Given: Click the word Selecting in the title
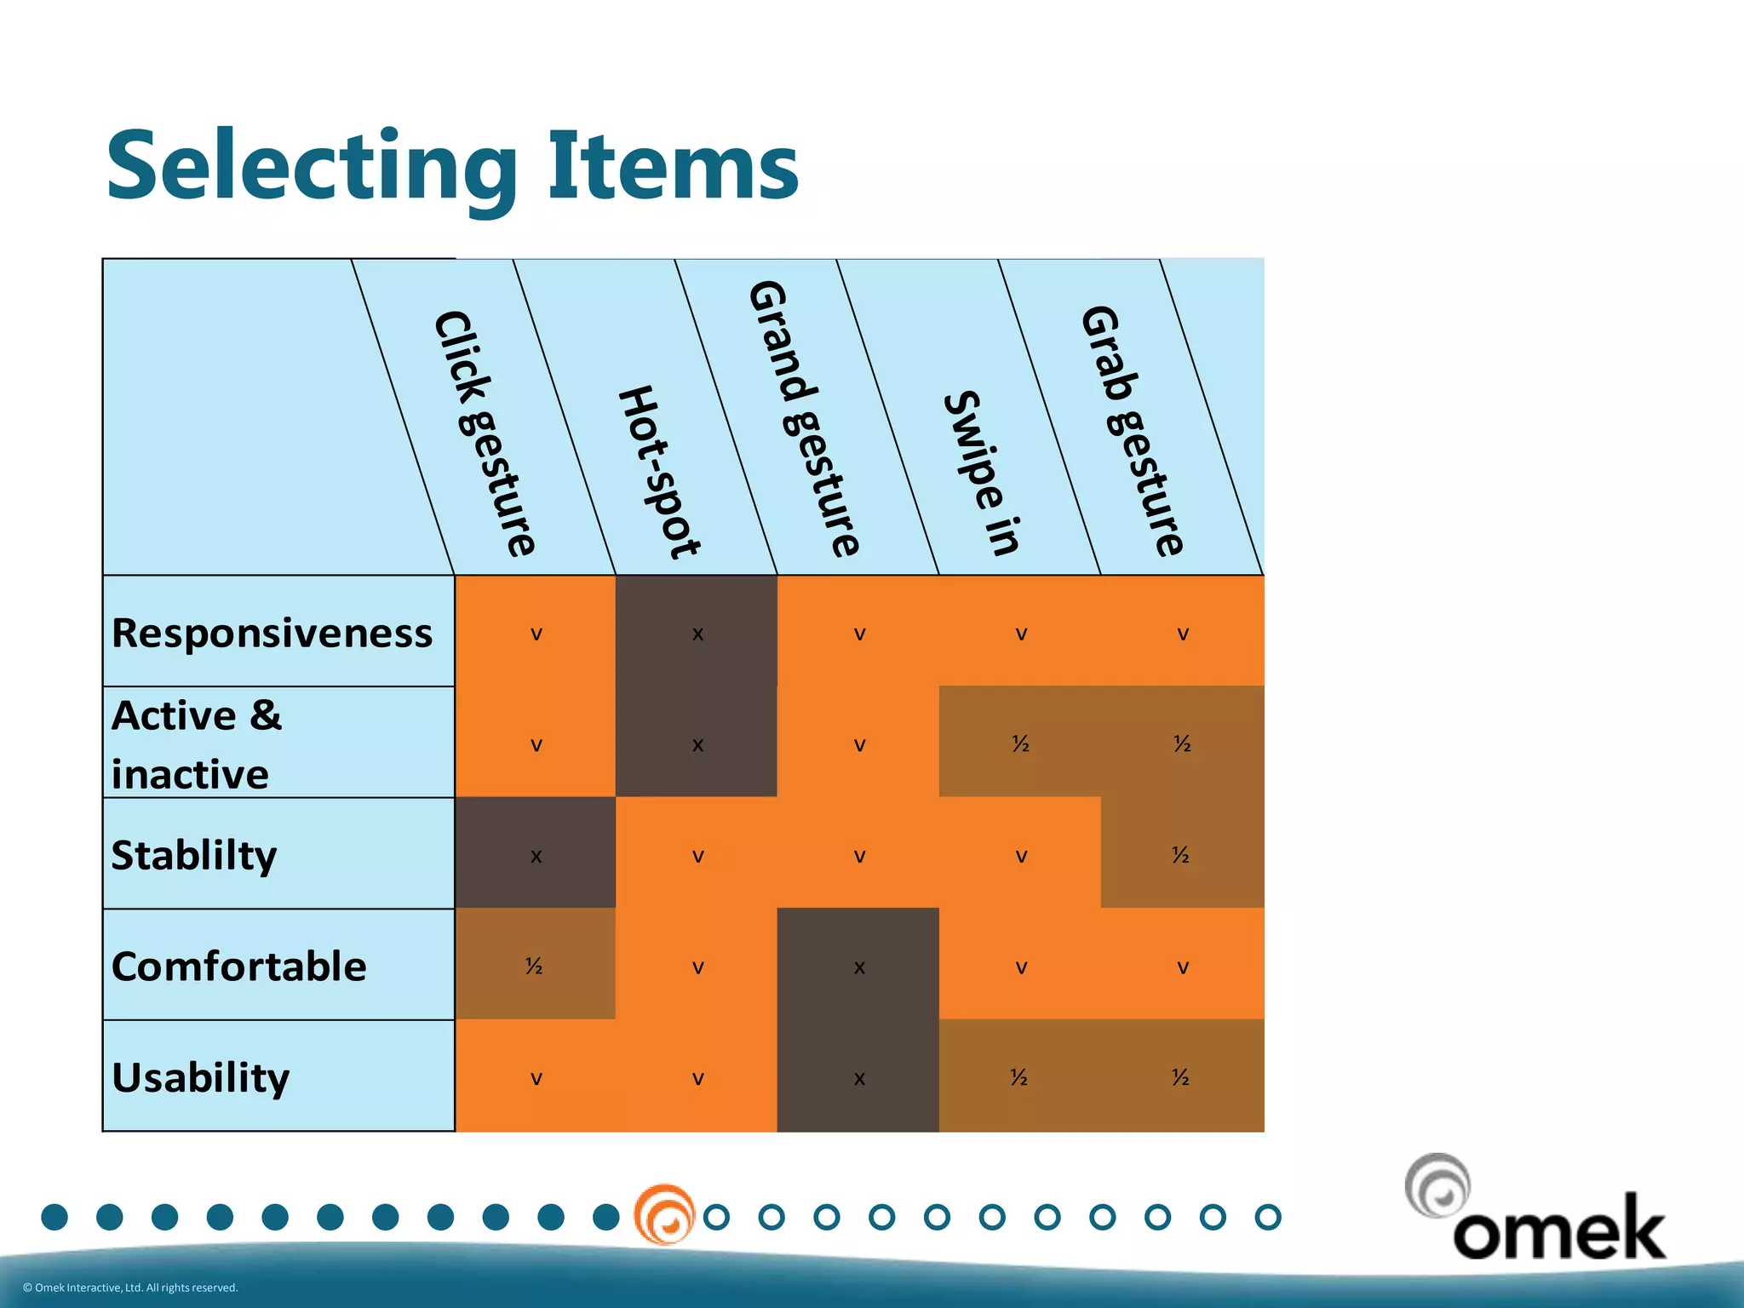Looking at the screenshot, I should (x=312, y=166).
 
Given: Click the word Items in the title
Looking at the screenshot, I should (x=673, y=166).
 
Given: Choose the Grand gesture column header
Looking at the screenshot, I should (x=804, y=417).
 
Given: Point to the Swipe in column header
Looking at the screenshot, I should (x=981, y=473).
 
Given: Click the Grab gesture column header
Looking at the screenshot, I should (x=1132, y=430).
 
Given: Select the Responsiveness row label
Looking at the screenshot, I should (x=272, y=633).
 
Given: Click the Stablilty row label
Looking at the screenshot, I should (x=194, y=854).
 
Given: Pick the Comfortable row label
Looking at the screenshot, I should (x=238, y=966).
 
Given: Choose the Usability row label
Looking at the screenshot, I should (x=201, y=1077).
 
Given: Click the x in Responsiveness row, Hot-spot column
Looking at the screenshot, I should (x=697, y=634).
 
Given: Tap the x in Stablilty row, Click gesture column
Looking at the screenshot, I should (x=536, y=856).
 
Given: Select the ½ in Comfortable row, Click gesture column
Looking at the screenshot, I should (x=534, y=966).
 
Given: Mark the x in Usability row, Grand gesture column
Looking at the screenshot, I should (x=859, y=1079).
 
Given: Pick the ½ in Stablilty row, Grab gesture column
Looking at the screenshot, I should (x=1180, y=854).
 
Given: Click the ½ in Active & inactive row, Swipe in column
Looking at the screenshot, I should (x=1020, y=743).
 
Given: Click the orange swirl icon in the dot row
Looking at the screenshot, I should (x=665, y=1214).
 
